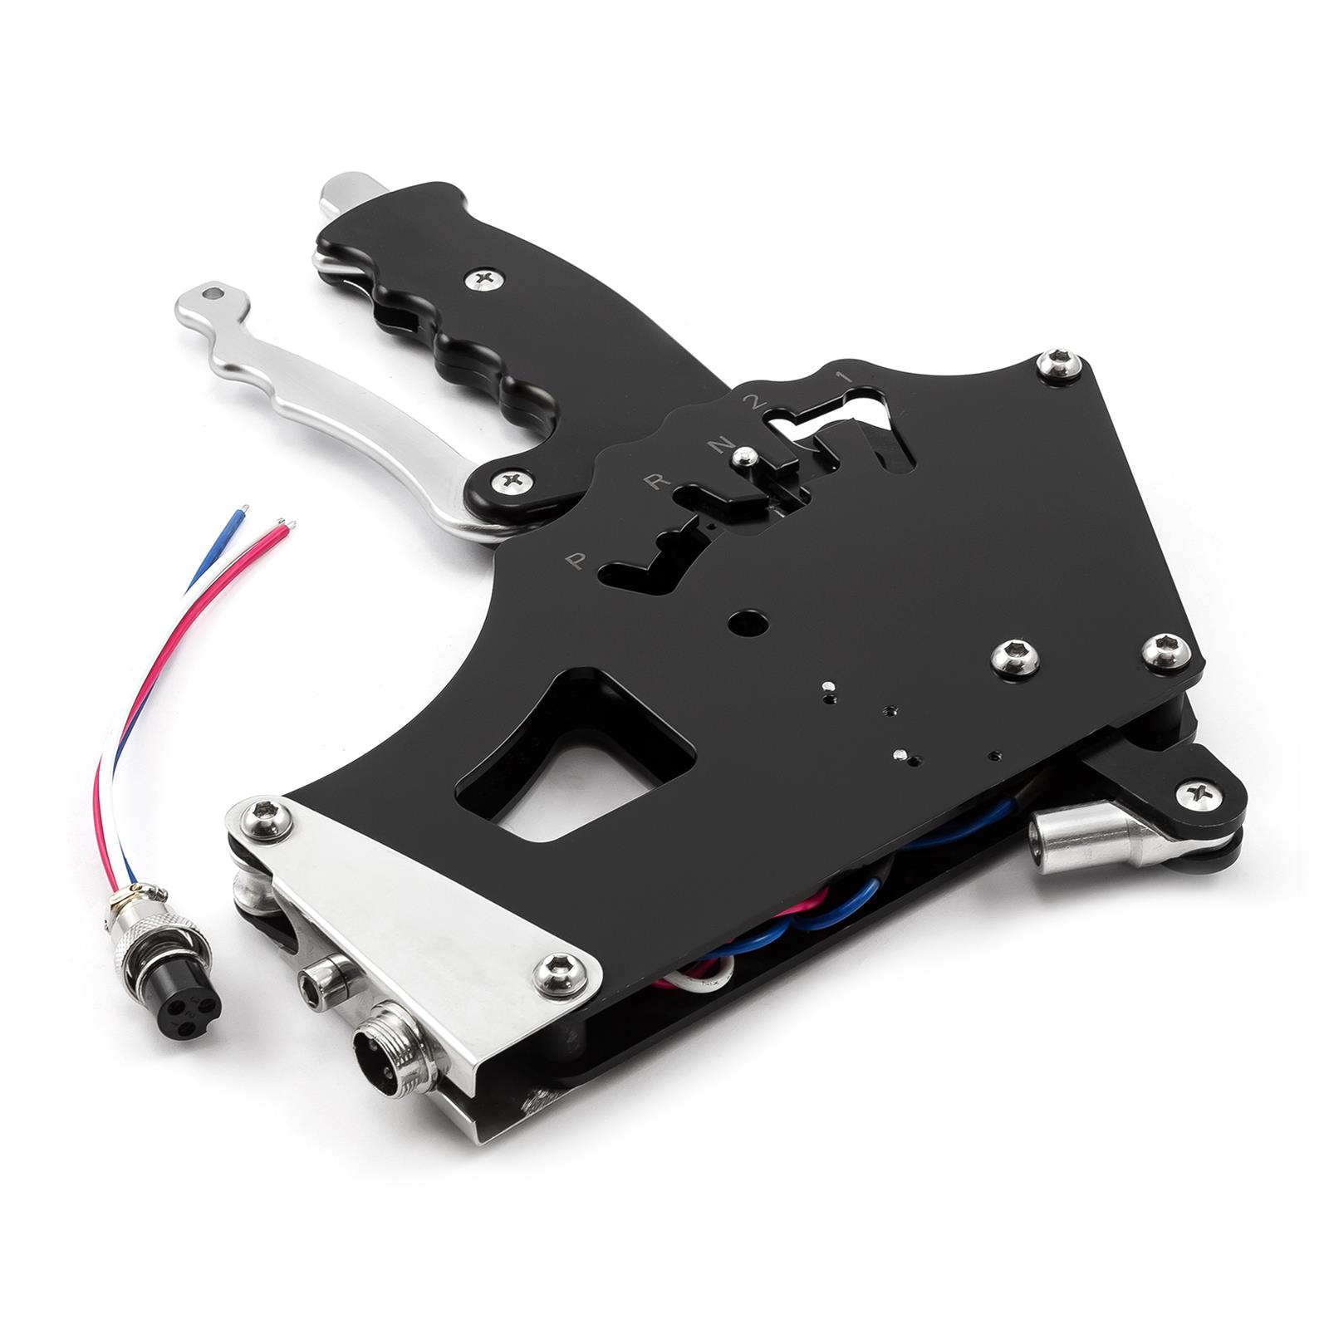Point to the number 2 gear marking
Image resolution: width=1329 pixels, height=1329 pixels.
[x=753, y=402]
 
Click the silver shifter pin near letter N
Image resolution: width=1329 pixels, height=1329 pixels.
[x=748, y=454]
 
